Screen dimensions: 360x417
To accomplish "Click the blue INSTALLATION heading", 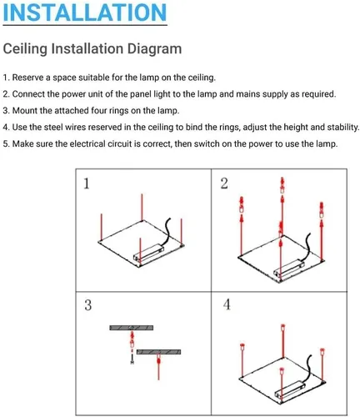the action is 85,13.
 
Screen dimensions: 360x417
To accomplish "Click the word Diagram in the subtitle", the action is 154,49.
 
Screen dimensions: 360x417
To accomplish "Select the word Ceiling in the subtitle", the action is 25,49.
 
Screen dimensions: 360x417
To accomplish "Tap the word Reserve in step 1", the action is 27,78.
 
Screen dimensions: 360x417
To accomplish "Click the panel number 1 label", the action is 87,183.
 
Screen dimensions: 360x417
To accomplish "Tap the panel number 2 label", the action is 224,183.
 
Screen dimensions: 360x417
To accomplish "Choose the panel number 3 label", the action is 87,305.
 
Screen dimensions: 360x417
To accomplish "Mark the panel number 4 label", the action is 227,304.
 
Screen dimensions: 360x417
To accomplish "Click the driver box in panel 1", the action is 148,253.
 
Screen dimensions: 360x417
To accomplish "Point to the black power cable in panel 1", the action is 167,231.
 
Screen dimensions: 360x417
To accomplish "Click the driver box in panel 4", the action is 290,389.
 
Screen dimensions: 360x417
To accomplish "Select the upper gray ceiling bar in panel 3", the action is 132,328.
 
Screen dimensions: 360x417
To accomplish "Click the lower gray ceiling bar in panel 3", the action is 158,352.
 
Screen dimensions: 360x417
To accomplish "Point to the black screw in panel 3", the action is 132,359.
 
